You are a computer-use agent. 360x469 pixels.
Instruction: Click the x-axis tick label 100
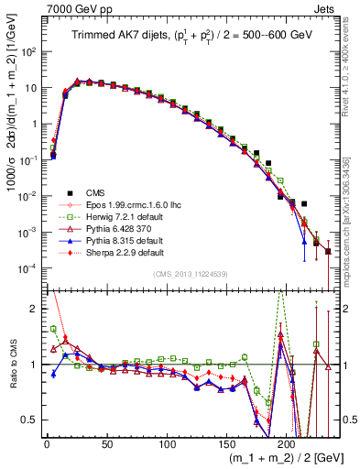[x=166, y=442]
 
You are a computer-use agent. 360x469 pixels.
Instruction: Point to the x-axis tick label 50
[x=106, y=442]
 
